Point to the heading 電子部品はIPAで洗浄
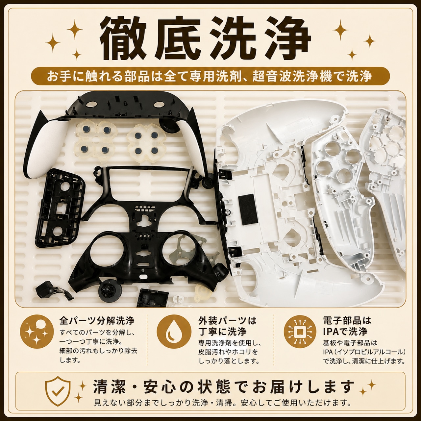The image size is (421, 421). pos(347,326)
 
